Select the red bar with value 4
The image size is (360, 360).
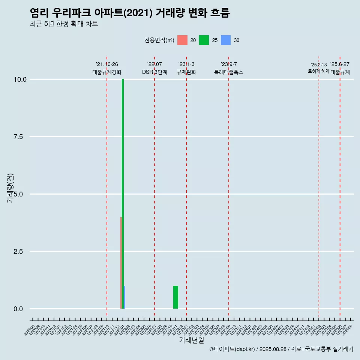click(121, 262)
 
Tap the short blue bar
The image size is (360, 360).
click(124, 297)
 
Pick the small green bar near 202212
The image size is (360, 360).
click(175, 297)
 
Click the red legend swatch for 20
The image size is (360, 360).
click(182, 40)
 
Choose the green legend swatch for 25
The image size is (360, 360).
click(204, 40)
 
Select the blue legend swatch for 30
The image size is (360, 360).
click(226, 40)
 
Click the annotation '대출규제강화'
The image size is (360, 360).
click(107, 72)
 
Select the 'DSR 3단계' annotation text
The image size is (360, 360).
click(154, 72)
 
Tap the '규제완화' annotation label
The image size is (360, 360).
click(186, 72)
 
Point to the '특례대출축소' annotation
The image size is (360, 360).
click(229, 72)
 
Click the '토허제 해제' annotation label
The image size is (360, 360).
click(318, 71)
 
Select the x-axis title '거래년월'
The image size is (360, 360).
click(192, 340)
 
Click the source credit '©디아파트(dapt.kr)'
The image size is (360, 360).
click(232, 349)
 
